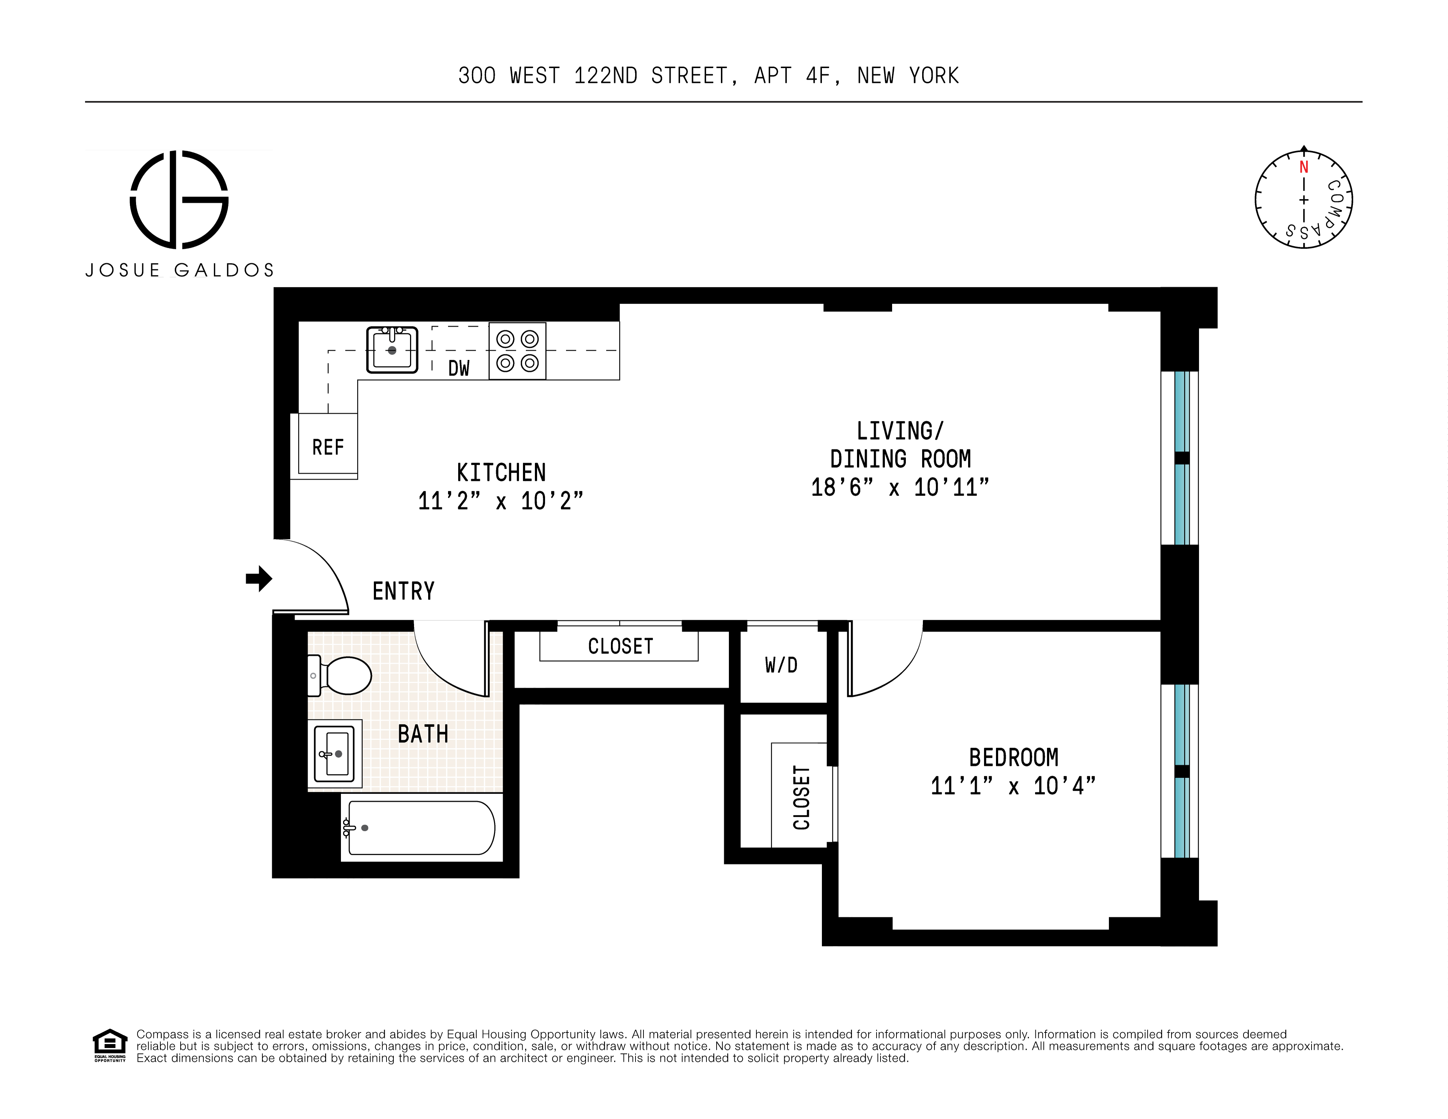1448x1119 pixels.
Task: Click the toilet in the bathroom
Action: [341, 675]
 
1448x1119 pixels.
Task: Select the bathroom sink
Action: [335, 753]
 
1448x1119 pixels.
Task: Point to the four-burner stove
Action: [517, 351]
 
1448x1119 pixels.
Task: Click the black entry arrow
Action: [259, 579]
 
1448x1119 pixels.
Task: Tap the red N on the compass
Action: [1304, 167]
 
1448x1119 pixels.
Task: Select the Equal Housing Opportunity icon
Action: [109, 1045]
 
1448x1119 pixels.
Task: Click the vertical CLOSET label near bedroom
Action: [802, 797]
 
